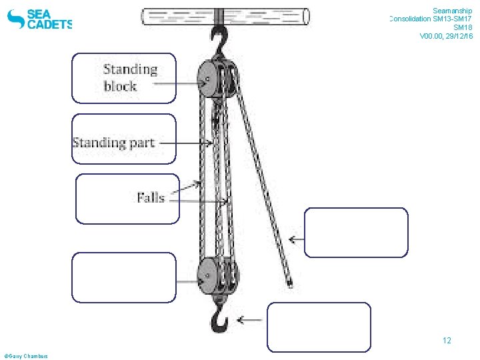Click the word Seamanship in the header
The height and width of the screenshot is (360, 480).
[x=452, y=11]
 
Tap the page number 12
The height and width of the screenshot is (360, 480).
[x=447, y=341]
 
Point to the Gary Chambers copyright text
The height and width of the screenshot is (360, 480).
[x=26, y=356]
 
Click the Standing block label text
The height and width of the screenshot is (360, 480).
[x=130, y=77]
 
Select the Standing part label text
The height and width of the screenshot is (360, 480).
[x=113, y=143]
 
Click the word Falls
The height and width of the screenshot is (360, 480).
[x=151, y=197]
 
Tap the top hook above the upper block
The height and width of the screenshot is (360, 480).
[x=218, y=41]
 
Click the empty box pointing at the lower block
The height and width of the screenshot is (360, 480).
[x=124, y=277]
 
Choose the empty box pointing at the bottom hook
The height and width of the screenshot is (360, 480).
[x=319, y=327]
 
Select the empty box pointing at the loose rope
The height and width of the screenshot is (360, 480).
[x=356, y=232]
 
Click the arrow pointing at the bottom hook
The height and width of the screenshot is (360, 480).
[x=251, y=321]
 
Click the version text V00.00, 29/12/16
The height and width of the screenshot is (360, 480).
[x=446, y=36]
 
